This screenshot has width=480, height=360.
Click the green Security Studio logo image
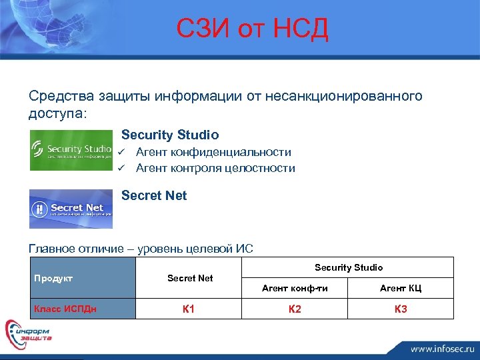(71, 150)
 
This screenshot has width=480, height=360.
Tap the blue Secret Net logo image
(71, 209)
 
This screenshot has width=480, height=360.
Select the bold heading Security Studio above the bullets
(170, 135)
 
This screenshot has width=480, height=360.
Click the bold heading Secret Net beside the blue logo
(154, 196)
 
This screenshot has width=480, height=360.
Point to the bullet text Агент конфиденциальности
(213, 153)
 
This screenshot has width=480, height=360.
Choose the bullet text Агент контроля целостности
(215, 169)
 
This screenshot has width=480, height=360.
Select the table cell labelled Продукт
(53, 278)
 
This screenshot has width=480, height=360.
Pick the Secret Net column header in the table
(190, 278)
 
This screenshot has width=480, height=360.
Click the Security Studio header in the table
(349, 267)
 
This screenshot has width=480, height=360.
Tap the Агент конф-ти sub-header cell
(295, 288)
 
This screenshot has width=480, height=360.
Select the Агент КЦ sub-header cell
(401, 288)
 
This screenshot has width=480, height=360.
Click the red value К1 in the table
(189, 309)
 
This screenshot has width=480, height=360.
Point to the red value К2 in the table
(295, 309)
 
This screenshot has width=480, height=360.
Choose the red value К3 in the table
(401, 309)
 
